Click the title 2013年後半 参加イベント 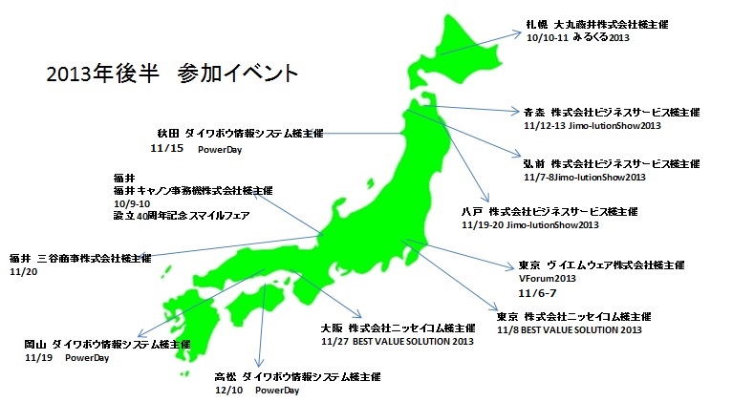tap(171, 74)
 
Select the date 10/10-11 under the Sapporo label tap(547, 39)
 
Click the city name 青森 tap(536, 112)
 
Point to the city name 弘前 tap(536, 164)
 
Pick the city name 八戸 tap(471, 211)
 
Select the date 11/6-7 tap(534, 292)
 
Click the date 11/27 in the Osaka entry tap(335, 341)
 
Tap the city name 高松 tap(226, 377)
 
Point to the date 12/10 tap(230, 391)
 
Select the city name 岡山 tap(36, 344)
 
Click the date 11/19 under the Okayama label tap(39, 357)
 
